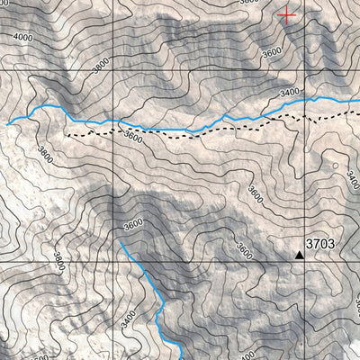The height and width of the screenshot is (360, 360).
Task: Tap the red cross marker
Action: tap(287, 13)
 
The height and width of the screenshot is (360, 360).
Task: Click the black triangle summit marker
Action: tap(300, 255)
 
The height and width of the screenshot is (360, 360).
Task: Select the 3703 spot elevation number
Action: tap(320, 244)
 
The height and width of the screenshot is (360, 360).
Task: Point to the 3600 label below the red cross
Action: tap(273, 51)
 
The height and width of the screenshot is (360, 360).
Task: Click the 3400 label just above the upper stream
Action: tap(290, 92)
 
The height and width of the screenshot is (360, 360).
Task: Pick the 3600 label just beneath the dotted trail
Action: tap(133, 139)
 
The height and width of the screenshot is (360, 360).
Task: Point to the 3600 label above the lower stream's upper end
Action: tap(133, 224)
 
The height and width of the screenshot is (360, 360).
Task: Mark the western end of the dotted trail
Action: tap(66, 133)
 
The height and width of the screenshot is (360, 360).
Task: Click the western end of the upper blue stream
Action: tap(8, 123)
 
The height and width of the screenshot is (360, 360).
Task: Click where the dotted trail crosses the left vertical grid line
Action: tap(113, 131)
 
